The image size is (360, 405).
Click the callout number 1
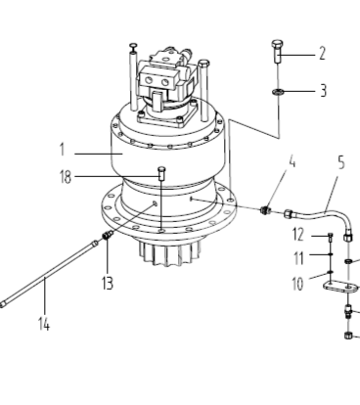pos(62,150)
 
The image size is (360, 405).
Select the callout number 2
pos(322,53)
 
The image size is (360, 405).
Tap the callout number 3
pos(323,90)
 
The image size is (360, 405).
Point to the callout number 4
pos(292,161)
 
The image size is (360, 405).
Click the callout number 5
pos(341,162)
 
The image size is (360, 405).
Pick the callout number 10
pos(297,284)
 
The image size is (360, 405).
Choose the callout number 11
pos(298,258)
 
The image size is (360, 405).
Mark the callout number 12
pos(298,235)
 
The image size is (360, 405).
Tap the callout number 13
pos(108,283)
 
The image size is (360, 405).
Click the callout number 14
pos(44,324)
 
